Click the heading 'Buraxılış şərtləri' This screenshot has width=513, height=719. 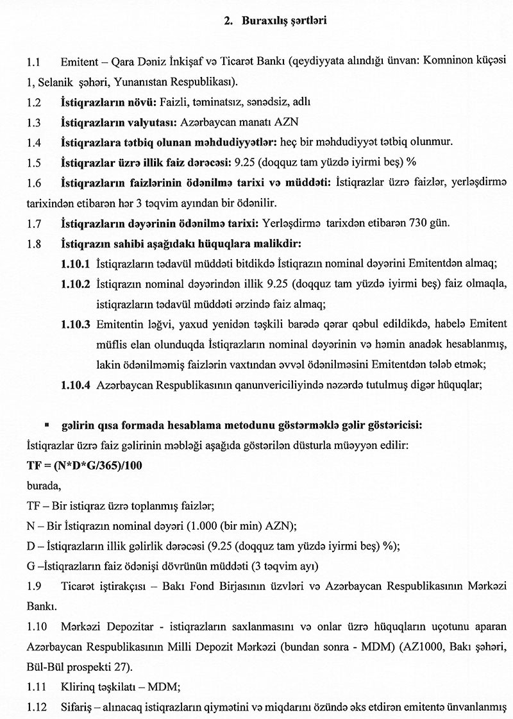285,21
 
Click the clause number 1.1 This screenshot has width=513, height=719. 34,62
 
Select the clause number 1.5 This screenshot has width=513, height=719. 34,163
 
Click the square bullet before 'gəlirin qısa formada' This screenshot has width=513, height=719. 47,425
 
